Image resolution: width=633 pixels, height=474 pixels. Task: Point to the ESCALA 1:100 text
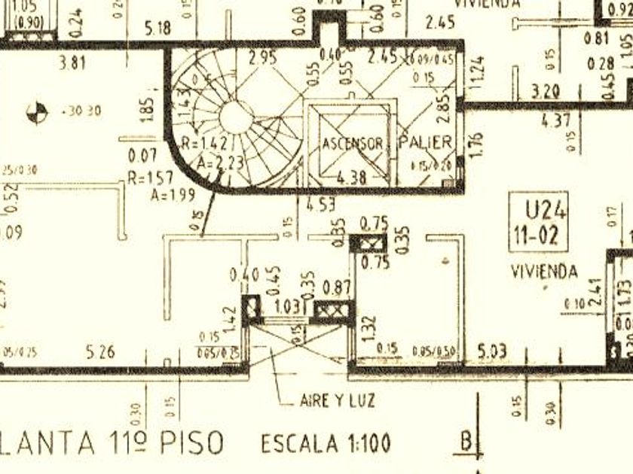click(326, 444)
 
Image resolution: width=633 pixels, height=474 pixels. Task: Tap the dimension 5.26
click(101, 351)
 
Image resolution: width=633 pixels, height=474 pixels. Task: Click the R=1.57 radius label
click(150, 178)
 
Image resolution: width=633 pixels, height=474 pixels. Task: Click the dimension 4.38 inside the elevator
click(352, 178)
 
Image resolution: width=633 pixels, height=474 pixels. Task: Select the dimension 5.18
click(158, 29)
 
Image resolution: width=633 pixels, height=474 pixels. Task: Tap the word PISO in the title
click(191, 442)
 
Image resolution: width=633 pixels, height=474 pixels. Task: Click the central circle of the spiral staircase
click(236, 117)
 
